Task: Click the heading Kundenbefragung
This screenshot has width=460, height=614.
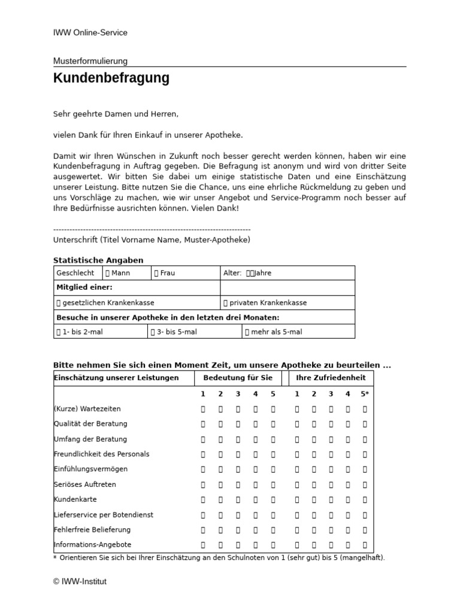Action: pyautogui.click(x=111, y=78)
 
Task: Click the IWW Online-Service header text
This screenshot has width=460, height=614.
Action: pyautogui.click(x=90, y=33)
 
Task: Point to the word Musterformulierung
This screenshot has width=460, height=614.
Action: pyautogui.click(x=90, y=61)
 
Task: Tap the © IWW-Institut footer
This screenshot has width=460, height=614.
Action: pyautogui.click(x=80, y=581)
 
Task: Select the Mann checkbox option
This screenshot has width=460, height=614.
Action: pyautogui.click(x=118, y=273)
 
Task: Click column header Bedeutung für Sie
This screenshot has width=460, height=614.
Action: pyautogui.click(x=238, y=378)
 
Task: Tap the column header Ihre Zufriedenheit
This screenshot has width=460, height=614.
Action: pyautogui.click(x=331, y=378)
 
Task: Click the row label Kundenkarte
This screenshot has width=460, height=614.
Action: pyautogui.click(x=75, y=499)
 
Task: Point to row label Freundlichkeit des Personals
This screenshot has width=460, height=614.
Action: pyautogui.click(x=102, y=454)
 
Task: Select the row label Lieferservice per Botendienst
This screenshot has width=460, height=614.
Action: pyautogui.click(x=104, y=514)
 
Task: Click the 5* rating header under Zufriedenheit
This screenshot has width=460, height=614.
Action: pyautogui.click(x=365, y=394)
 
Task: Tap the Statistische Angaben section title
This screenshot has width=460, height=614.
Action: pyautogui.click(x=98, y=260)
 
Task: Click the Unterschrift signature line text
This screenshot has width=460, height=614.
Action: pyautogui.click(x=152, y=240)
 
